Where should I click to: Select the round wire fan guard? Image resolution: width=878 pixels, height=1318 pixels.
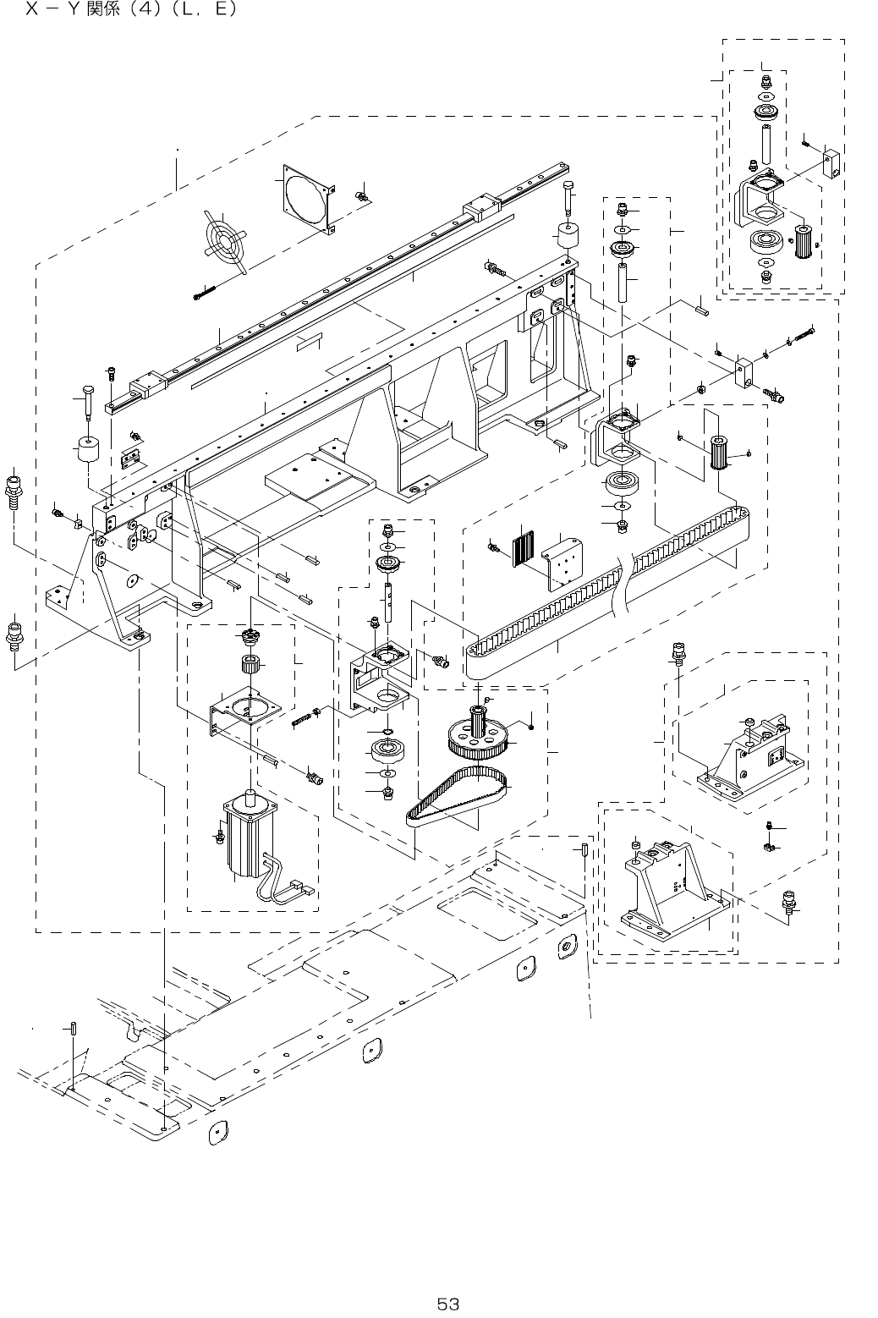point(224,240)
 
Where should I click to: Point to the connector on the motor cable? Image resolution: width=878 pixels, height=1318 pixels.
point(299,889)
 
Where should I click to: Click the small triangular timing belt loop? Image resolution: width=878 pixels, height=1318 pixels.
point(457,794)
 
